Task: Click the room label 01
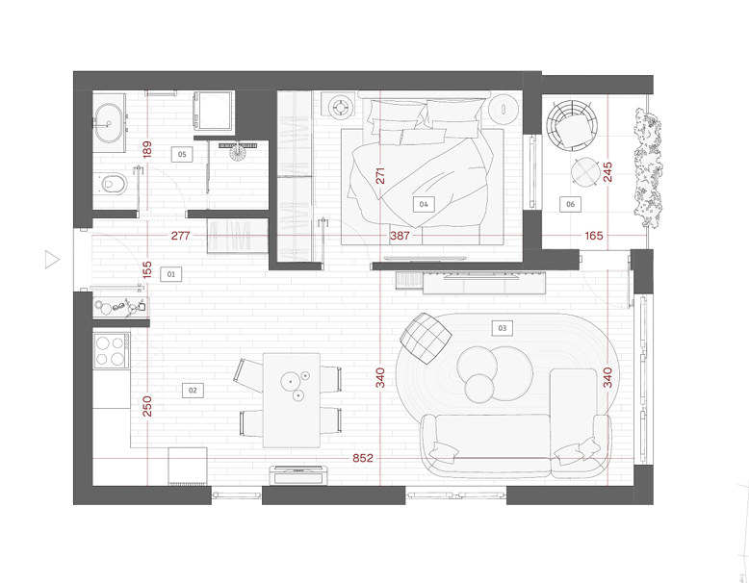point(171,274)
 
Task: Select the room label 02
point(193,390)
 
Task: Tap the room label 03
point(502,328)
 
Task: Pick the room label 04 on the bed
point(424,204)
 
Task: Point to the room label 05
point(182,154)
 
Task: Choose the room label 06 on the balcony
point(570,204)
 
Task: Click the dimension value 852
point(363,458)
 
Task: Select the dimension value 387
point(400,236)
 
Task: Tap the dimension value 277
point(181,236)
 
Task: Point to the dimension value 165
point(594,236)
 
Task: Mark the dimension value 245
point(607,172)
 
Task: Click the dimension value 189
point(147,149)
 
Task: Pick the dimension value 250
point(147,406)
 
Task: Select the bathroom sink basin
point(109,123)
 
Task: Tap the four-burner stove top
point(112,351)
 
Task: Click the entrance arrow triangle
point(52,259)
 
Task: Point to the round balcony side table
point(585,171)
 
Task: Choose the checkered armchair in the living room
point(426,338)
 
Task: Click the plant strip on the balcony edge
point(648,168)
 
